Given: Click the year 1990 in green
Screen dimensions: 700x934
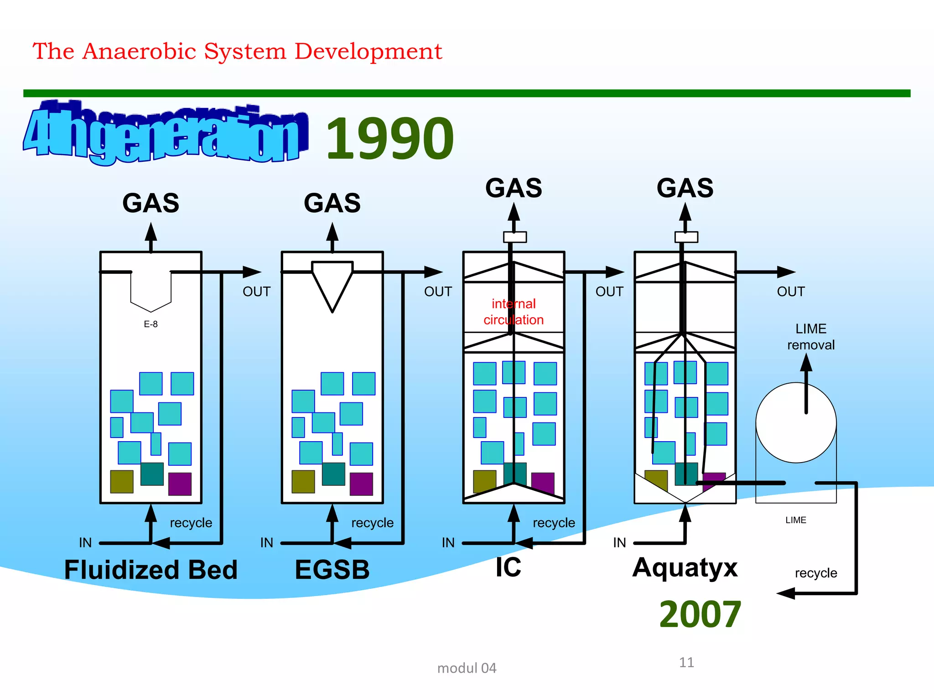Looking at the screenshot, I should (389, 139).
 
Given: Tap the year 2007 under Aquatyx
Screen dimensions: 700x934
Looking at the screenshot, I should (700, 614).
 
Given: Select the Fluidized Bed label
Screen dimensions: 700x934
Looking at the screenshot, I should (150, 570).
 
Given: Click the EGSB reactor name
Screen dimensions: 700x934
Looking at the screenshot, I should (332, 570).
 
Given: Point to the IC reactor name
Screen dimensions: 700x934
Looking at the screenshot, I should (508, 567).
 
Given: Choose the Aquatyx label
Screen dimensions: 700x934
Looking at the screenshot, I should (685, 567).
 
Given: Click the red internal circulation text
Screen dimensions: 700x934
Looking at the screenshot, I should (514, 312).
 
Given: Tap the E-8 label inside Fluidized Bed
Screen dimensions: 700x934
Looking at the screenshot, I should (150, 324).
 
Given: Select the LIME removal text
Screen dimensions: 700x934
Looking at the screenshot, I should (810, 337).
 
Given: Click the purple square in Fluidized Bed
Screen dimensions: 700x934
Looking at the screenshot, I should (180, 484).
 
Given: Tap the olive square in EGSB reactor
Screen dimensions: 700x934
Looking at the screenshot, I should (303, 482).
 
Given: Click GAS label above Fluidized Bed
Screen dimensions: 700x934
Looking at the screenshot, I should (150, 203).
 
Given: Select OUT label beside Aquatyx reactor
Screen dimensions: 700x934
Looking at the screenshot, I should (791, 292).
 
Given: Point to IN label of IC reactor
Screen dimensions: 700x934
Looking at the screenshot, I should (448, 542).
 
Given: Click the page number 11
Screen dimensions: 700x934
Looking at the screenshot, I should (686, 662).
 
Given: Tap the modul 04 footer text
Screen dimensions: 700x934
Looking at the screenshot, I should (467, 668).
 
